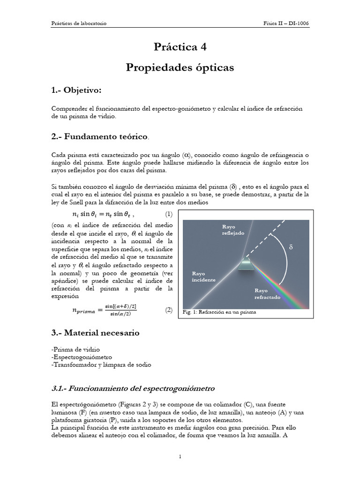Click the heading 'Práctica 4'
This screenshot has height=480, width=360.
coord(180,47)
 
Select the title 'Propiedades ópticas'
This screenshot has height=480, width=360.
coord(180,67)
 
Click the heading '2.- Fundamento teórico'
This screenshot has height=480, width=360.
coord(99,137)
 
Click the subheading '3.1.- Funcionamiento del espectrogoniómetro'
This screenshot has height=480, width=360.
coord(133,388)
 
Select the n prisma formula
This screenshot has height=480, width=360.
coord(95,310)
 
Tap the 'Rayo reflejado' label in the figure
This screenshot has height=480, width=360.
coord(233,230)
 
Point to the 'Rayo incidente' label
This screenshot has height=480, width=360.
coord(203,276)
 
